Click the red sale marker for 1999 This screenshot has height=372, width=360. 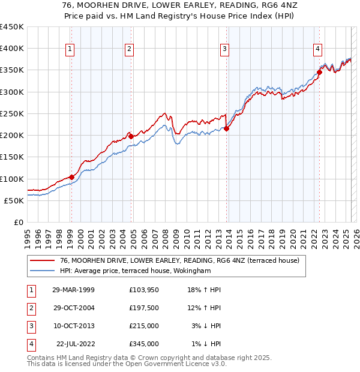(x=71, y=177)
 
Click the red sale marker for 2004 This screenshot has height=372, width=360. (x=131, y=136)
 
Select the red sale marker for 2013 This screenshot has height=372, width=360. (x=226, y=128)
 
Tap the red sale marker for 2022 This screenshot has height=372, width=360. (x=319, y=73)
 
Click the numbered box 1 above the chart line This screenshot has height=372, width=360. (x=70, y=49)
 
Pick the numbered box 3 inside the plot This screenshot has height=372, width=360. (x=224, y=49)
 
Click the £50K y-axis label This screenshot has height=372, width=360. (x=14, y=200)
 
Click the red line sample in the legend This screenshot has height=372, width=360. (x=43, y=260)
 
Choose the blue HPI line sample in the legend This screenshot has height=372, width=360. (x=43, y=271)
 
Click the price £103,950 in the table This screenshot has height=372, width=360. (x=143, y=290)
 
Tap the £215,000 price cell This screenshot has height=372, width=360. (x=143, y=326)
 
